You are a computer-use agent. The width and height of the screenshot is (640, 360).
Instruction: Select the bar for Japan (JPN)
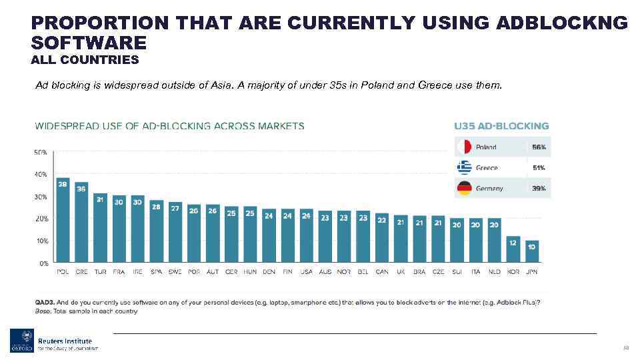[x=531, y=252]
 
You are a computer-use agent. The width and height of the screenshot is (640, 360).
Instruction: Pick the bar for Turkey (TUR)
[x=100, y=228]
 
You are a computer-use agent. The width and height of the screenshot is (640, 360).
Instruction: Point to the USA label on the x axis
[x=306, y=272]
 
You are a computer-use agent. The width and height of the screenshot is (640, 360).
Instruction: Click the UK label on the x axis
[x=401, y=272]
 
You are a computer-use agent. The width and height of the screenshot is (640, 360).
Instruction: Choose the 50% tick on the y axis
[x=41, y=152]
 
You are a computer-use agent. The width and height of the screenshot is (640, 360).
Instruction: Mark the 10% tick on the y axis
[x=41, y=241]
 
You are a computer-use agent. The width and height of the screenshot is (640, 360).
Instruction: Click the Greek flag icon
[x=464, y=167]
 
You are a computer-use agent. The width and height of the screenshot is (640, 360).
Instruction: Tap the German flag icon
[x=464, y=189]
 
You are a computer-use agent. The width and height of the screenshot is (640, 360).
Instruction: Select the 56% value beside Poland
[x=539, y=147]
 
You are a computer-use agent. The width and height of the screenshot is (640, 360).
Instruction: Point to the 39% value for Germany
[x=539, y=189]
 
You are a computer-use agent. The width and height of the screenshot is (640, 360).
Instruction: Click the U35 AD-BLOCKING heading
[x=501, y=125]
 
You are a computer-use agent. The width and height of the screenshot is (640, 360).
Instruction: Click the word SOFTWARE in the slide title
[x=88, y=43]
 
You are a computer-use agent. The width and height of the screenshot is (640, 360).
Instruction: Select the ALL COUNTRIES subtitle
[x=85, y=60]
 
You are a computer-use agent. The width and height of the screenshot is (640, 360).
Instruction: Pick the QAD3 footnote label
[x=45, y=303]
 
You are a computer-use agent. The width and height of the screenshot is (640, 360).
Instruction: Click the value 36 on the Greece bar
[x=81, y=189]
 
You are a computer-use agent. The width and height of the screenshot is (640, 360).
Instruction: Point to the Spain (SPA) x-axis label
[x=156, y=272]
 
